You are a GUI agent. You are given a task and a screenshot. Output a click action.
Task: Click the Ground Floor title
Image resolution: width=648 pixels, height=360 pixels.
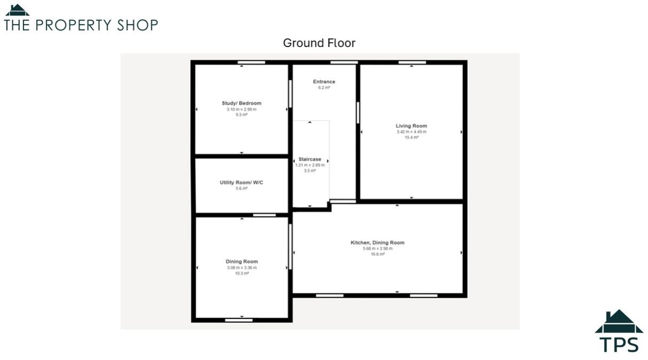319,43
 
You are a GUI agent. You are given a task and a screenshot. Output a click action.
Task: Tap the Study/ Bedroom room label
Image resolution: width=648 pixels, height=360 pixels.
242,103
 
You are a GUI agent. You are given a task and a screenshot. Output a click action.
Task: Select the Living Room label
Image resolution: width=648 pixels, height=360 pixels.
411,126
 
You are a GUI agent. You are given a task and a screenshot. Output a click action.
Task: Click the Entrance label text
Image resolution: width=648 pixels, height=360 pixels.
324,82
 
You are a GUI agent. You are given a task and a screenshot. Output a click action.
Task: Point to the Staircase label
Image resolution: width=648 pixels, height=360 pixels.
310,159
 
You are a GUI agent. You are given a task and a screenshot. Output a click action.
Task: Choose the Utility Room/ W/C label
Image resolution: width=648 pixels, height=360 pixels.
242,182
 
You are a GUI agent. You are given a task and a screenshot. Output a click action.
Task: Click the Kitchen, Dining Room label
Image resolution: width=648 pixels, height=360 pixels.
377,243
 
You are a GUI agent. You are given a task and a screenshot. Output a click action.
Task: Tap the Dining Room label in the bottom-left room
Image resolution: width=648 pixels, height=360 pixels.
242,261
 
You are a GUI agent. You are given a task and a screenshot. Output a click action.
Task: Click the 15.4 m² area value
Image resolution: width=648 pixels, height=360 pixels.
411,138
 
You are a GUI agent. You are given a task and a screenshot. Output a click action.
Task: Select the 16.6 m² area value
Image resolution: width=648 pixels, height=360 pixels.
377,254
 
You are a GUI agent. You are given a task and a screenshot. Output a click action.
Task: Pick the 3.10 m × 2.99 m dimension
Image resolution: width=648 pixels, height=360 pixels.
242,109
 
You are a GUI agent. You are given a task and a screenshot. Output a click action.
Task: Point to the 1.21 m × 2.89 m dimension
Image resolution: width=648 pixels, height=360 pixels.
310,165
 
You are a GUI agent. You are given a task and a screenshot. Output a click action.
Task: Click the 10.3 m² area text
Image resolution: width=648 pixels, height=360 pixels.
242,273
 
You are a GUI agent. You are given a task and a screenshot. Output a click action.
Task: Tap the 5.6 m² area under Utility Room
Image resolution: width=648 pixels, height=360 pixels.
242,188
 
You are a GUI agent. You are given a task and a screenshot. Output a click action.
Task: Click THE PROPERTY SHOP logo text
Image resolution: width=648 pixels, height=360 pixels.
81,25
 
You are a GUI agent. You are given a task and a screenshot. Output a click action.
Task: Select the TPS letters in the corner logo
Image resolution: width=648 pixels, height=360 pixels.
619,343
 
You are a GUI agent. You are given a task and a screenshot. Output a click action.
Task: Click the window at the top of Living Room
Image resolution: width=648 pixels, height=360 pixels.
412,62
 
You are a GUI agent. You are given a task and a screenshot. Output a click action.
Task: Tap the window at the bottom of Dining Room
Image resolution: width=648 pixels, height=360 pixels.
238,320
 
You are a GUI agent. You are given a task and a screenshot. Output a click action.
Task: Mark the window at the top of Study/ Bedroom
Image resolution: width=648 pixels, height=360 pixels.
251,62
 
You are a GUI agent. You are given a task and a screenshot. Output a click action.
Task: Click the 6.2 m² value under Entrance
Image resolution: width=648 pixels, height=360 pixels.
324,87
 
